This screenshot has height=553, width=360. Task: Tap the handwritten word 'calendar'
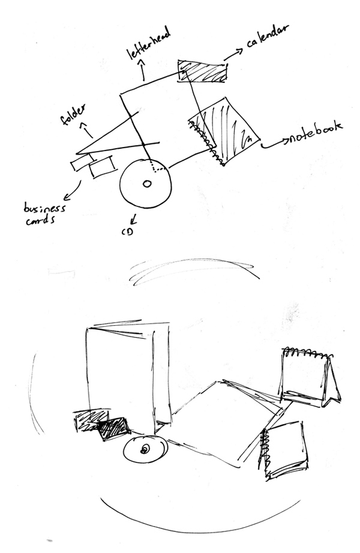[x=268, y=36]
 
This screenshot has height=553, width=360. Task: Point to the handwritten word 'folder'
[x=73, y=115]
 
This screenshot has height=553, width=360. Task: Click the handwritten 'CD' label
[x=127, y=232]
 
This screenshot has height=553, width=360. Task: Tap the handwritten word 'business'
[x=44, y=208]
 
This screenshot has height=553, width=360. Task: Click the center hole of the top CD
[x=146, y=184]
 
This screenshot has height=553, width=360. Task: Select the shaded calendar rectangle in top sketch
[x=202, y=71]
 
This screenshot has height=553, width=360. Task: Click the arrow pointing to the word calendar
[x=233, y=53]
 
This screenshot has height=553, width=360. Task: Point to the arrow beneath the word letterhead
[x=143, y=70]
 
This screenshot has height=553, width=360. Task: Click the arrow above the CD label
[x=134, y=219]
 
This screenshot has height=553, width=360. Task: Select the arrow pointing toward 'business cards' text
[x=73, y=191]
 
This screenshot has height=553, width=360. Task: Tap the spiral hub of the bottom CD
[x=145, y=449]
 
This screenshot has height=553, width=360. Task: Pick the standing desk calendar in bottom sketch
[x=310, y=377]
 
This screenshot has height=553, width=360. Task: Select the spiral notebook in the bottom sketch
[x=283, y=450]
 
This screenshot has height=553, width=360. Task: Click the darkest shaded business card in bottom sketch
[x=113, y=429]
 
